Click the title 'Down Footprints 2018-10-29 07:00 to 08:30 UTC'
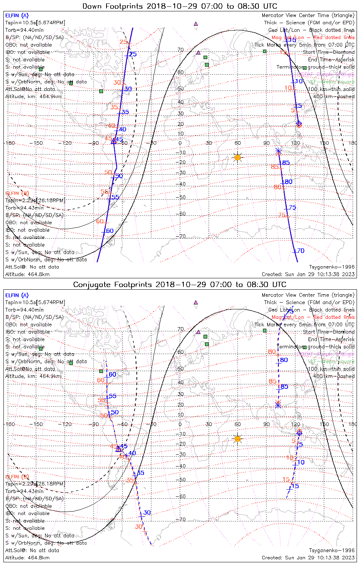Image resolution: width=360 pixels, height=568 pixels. click(x=180, y=6)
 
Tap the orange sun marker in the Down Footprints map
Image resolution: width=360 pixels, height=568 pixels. click(x=238, y=157)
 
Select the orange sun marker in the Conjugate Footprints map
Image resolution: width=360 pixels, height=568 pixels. click(x=238, y=439)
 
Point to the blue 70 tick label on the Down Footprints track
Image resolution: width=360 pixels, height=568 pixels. click(x=301, y=251)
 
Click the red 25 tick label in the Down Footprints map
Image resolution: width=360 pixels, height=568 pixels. click(x=123, y=42)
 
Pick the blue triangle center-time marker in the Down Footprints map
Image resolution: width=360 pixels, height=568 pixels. click(x=113, y=142)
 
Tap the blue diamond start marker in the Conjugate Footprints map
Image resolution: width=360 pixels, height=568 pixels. click(x=299, y=433)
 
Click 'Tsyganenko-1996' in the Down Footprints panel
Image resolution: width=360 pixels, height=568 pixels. click(x=332, y=267)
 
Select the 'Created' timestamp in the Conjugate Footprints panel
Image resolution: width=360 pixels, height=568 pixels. click(x=308, y=558)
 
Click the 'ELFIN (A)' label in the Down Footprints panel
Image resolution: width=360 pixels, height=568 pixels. click(x=17, y=16)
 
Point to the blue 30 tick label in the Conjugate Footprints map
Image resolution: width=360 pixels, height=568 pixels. click(x=147, y=513)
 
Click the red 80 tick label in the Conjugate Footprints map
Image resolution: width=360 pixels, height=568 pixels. click(x=272, y=352)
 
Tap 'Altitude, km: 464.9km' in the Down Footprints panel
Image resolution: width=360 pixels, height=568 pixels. click(x=33, y=97)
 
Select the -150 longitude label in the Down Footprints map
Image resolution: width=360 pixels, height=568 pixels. click(x=38, y=143)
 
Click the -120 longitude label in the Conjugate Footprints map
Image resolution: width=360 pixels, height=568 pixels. click(x=66, y=424)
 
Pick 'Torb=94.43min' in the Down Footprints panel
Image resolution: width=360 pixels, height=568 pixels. click(x=24, y=208)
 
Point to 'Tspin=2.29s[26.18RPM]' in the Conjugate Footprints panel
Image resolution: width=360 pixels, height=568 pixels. click(x=35, y=484)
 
